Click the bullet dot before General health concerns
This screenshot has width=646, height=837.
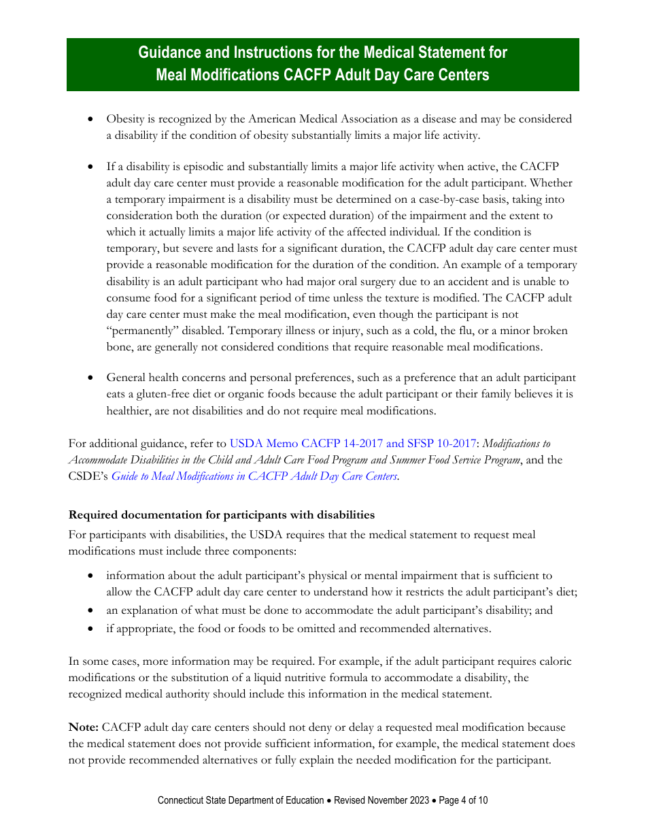91,378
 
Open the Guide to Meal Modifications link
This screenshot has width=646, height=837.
254,476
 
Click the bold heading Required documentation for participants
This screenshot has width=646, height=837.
222,514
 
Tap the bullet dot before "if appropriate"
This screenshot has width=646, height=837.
91,629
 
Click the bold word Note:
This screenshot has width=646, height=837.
84,727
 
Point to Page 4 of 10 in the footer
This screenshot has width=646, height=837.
463,800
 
